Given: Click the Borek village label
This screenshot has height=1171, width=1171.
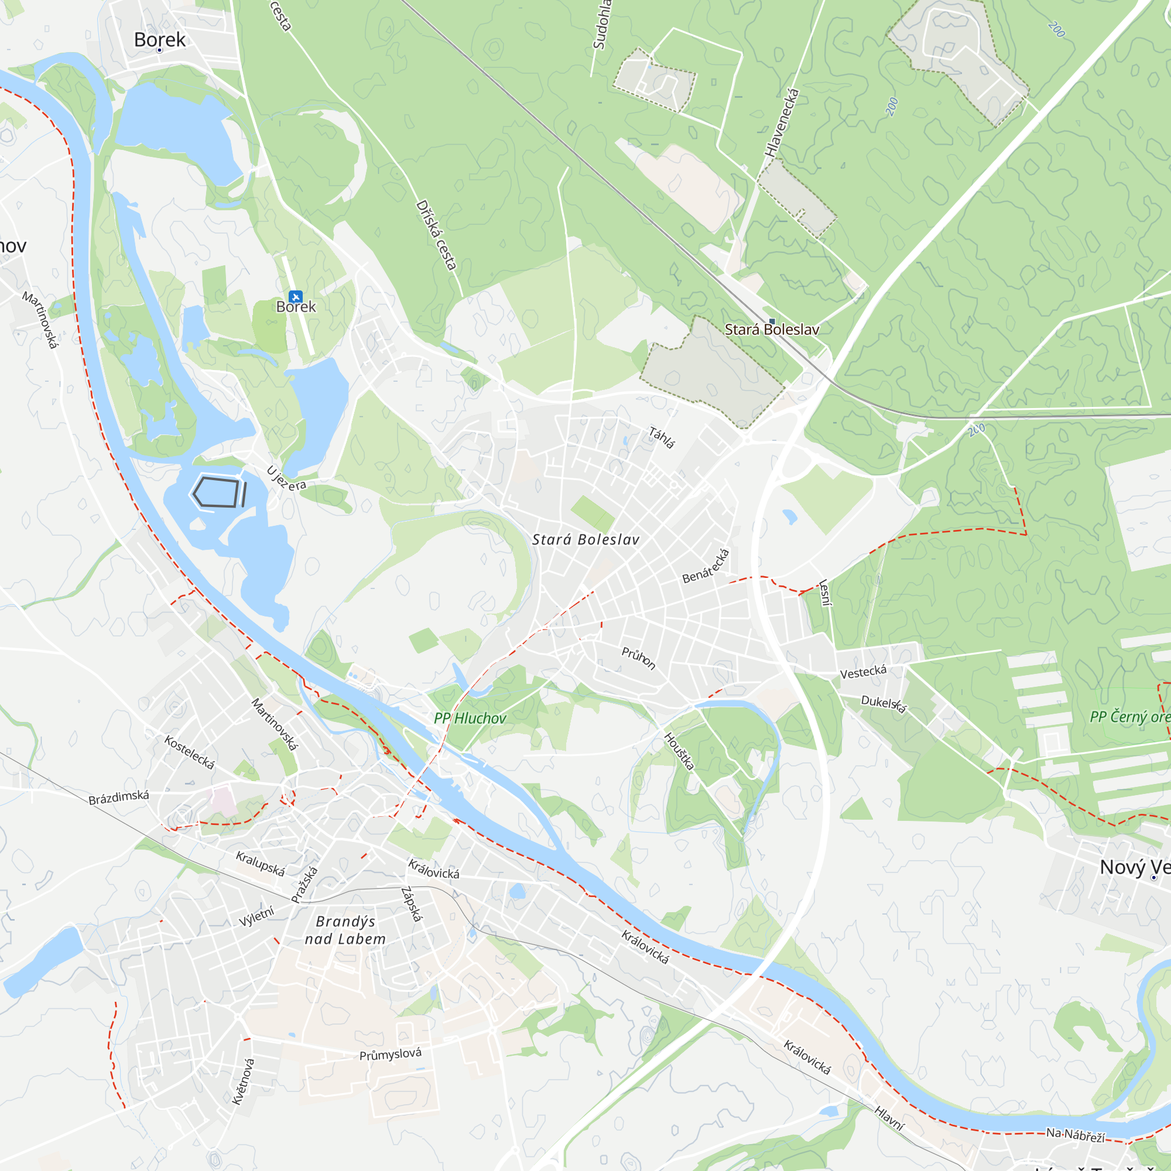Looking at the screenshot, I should tap(159, 40).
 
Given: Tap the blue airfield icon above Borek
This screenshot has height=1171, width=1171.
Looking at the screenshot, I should tap(295, 296).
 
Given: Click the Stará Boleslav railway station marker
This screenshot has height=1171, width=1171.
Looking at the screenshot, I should tap(772, 321).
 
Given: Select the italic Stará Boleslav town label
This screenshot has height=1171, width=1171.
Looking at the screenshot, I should tap(585, 539).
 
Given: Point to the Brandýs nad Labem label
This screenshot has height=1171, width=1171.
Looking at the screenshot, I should tap(345, 930).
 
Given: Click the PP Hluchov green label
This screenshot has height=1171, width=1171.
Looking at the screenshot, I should tap(470, 718).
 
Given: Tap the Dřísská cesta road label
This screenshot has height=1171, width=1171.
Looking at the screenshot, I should tap(436, 235).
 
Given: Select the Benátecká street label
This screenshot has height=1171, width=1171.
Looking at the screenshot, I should tap(706, 566).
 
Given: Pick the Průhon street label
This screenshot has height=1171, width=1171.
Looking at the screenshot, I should tap(638, 658).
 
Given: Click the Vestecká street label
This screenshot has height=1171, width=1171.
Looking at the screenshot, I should tap(863, 672).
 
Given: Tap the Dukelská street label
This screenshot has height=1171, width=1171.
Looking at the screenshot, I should tap(884, 704).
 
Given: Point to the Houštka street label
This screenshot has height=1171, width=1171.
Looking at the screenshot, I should tap(679, 752).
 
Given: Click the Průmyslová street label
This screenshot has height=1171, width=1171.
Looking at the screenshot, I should tap(391, 1054).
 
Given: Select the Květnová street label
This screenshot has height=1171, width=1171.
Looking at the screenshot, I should tap(244, 1081).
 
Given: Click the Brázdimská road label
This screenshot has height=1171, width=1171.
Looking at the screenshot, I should tap(119, 797).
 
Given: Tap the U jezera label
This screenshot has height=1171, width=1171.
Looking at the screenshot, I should tap(286, 479).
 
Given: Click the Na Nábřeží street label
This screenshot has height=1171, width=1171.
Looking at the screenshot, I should tap(1075, 1135).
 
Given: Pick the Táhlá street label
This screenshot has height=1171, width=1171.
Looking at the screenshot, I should tap(661, 437).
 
